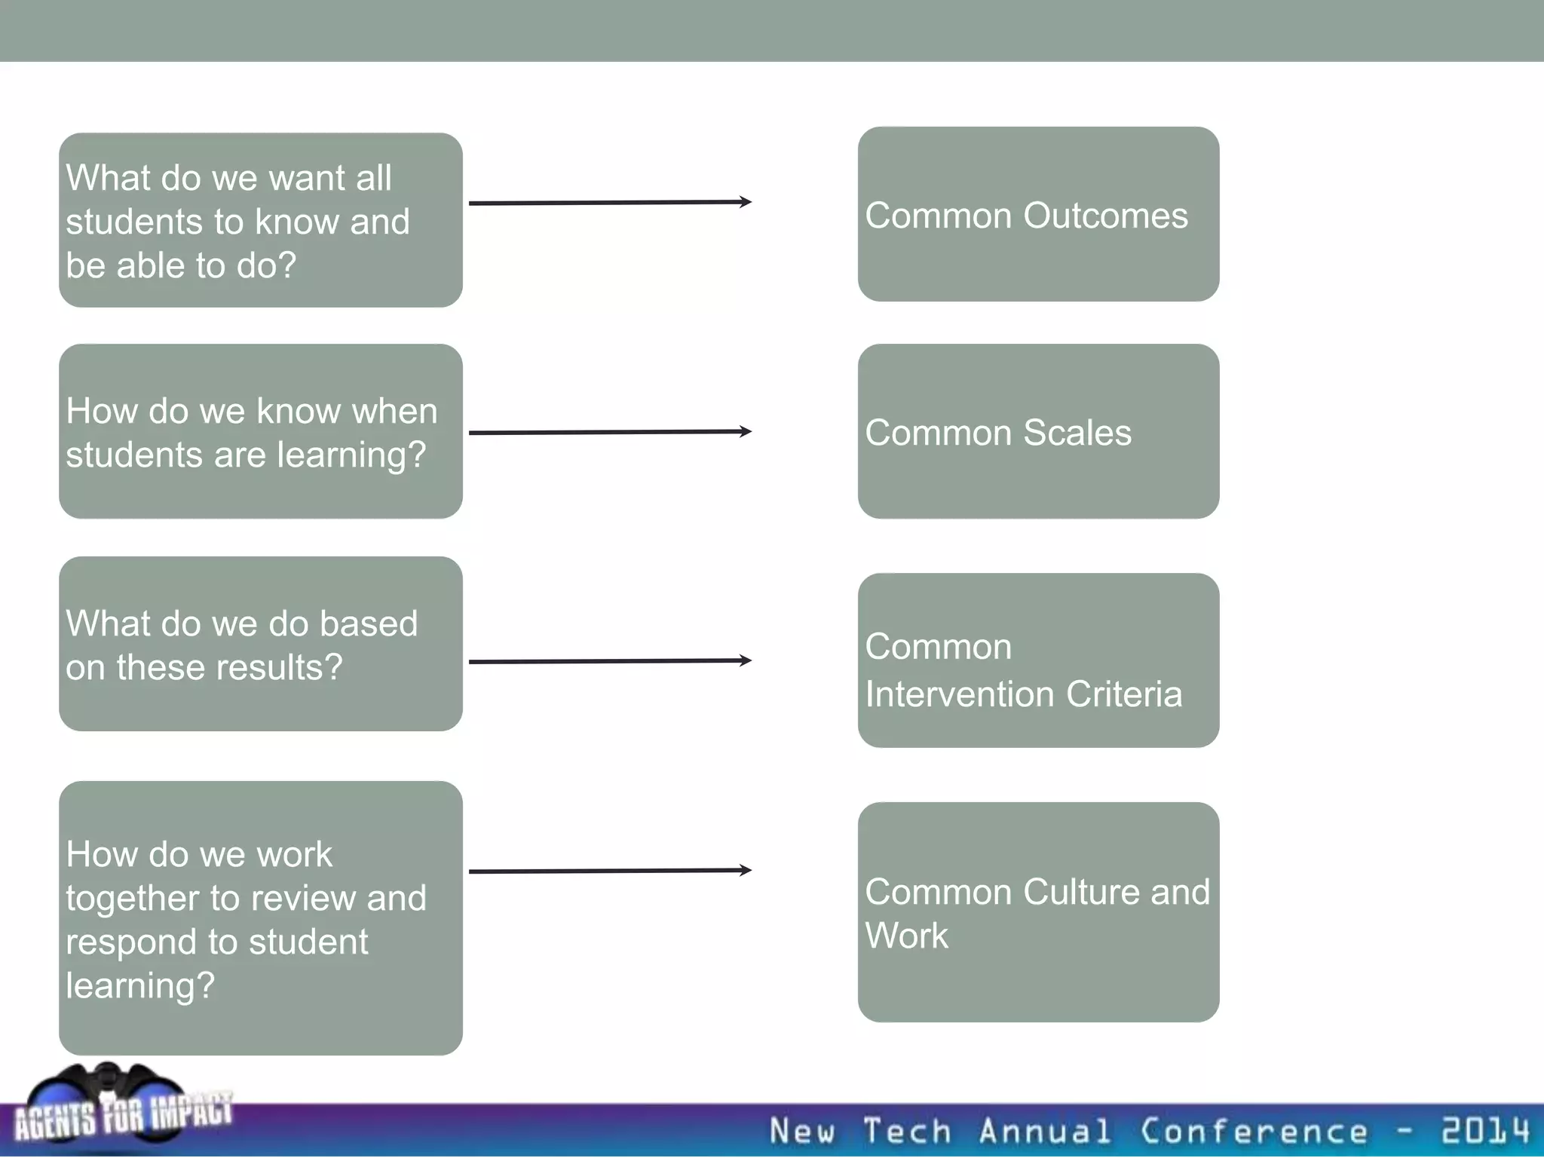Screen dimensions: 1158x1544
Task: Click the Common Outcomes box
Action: [1038, 214]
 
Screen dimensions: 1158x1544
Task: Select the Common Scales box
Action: [1038, 431]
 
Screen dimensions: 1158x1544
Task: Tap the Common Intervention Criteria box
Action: [1038, 660]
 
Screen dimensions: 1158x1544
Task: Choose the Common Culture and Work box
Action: [1038, 912]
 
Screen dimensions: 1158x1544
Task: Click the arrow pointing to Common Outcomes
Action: [610, 202]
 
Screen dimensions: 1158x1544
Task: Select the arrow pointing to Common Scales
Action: [610, 432]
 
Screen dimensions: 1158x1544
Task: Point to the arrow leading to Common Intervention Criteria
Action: [610, 661]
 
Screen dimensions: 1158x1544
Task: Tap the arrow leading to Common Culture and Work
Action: [610, 871]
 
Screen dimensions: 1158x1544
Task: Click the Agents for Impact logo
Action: [121, 1108]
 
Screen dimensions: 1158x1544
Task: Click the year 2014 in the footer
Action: [1485, 1131]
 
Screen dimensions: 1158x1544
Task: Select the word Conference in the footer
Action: [1254, 1132]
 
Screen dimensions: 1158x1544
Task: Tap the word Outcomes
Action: [1106, 216]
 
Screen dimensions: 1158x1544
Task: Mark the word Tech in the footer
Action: [907, 1132]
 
